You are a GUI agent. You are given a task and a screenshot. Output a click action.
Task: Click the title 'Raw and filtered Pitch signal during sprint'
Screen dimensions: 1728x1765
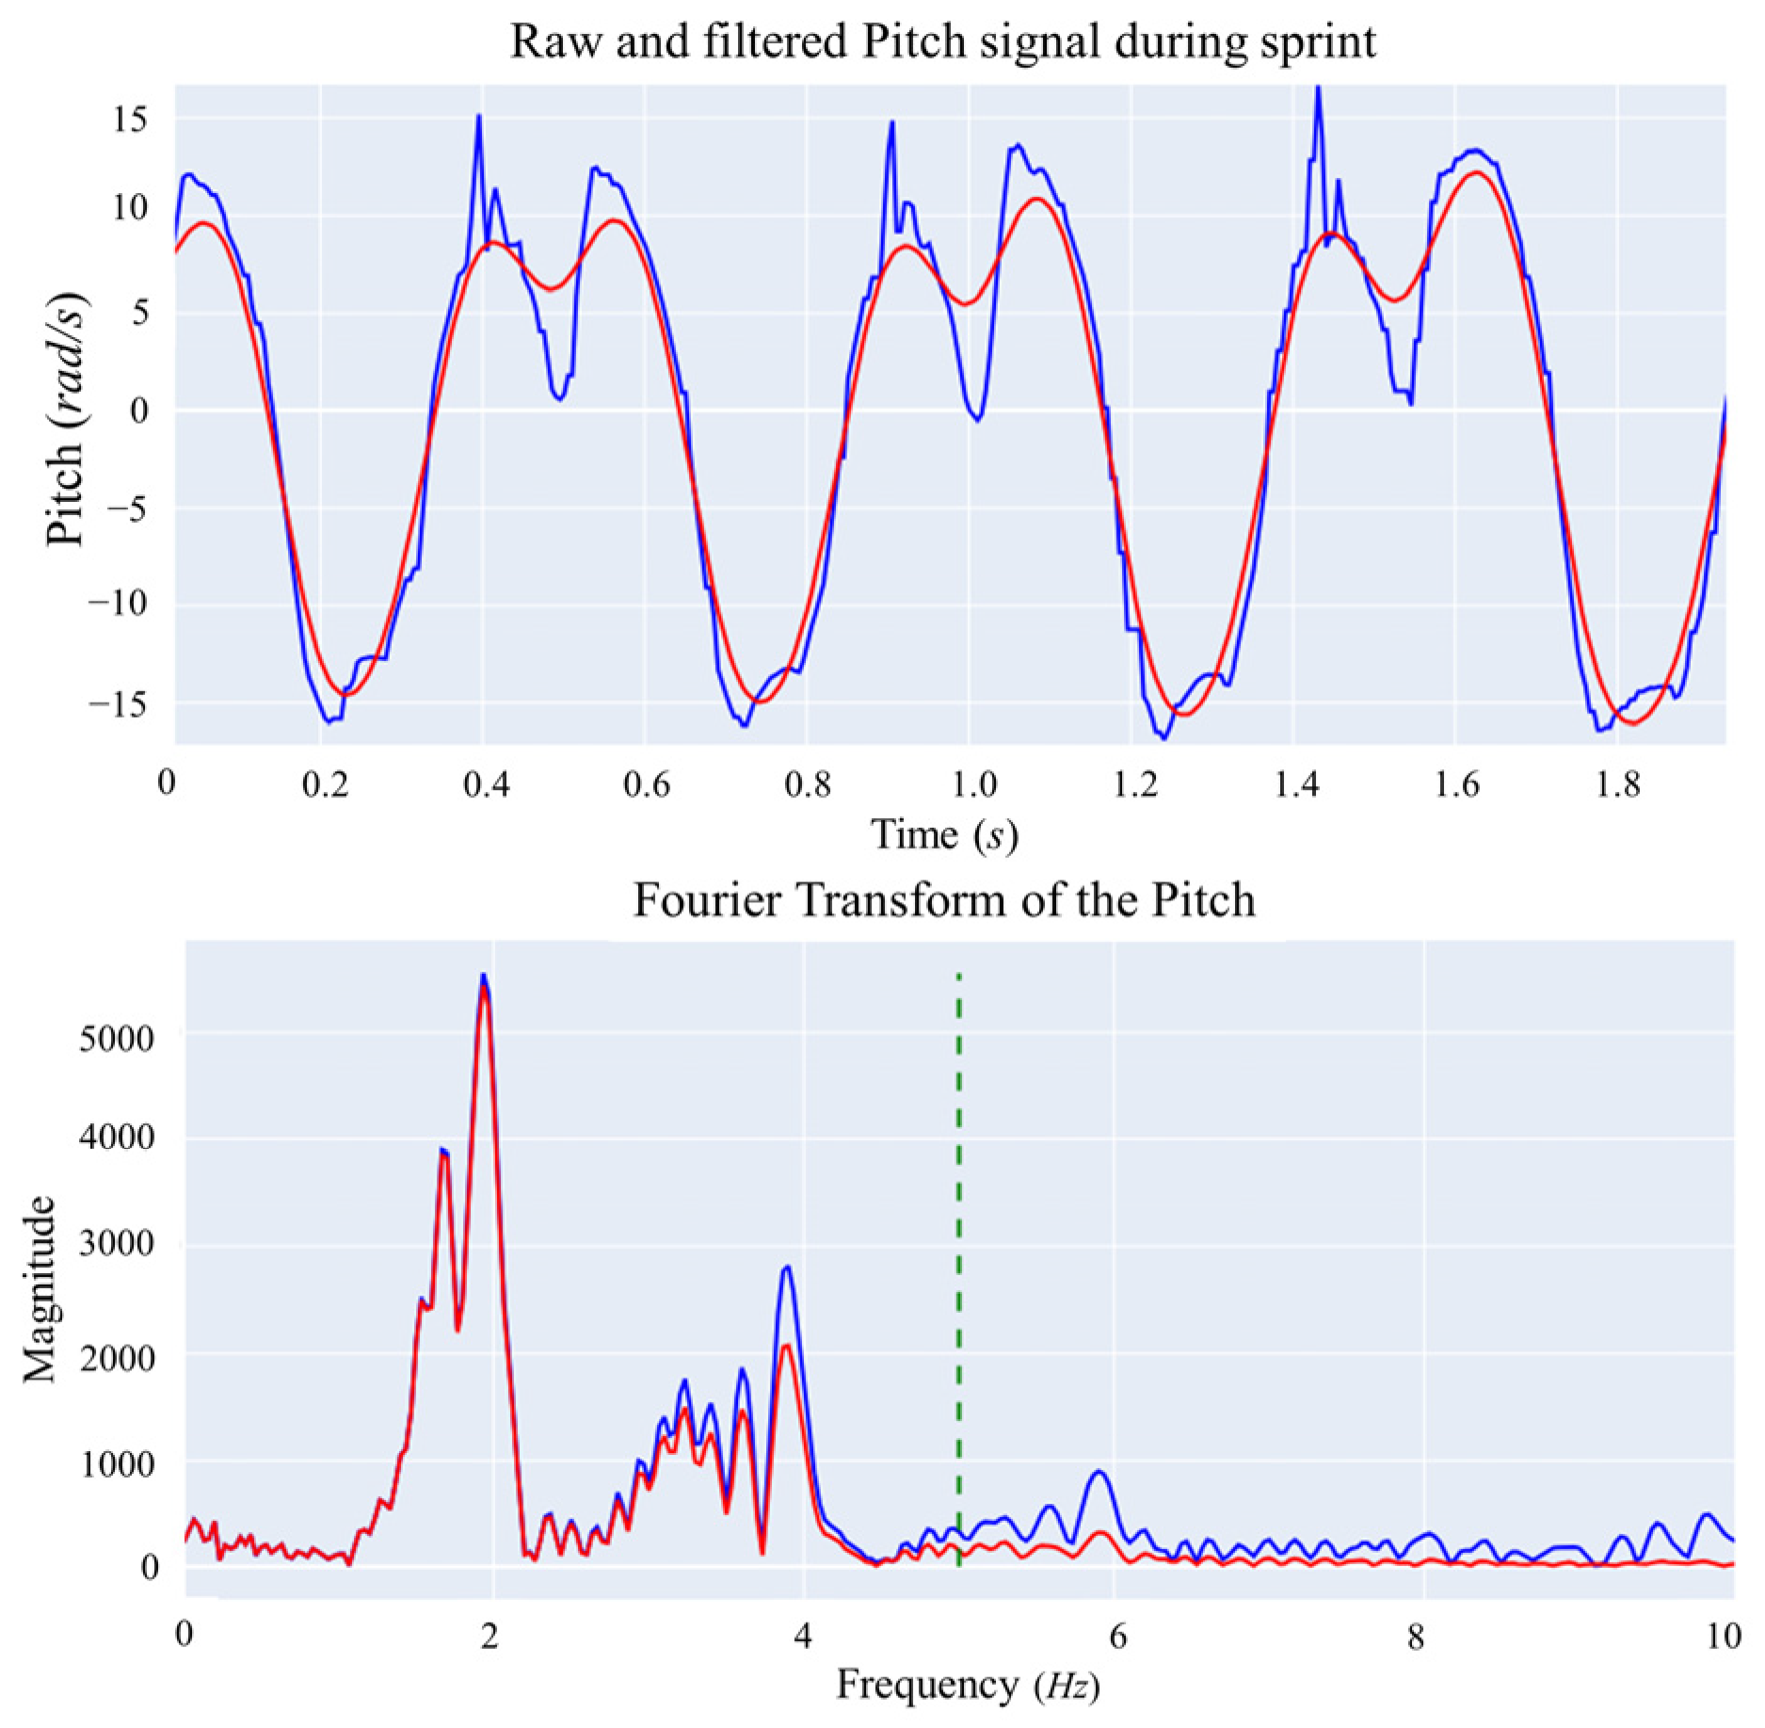pyautogui.click(x=943, y=42)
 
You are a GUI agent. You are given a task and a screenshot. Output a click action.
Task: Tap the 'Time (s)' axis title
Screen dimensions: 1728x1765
pyautogui.click(x=943, y=834)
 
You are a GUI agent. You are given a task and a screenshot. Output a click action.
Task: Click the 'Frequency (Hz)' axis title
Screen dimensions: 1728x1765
pyautogui.click(x=968, y=1684)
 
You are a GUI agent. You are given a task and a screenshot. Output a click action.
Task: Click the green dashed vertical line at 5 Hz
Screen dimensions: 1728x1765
pyautogui.click(x=958, y=1224)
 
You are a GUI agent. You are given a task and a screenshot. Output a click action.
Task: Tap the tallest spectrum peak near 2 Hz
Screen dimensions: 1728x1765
pyautogui.click(x=484, y=976)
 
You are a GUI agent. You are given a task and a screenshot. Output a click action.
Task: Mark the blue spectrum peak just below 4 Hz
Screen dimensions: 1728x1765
pyautogui.click(x=787, y=1268)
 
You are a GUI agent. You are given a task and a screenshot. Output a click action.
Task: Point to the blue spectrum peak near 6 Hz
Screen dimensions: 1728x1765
pyautogui.click(x=1098, y=1471)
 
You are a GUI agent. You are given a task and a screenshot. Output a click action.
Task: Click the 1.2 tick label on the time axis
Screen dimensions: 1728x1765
pyautogui.click(x=1134, y=783)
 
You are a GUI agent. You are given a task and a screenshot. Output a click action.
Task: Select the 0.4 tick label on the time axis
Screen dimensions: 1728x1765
pyautogui.click(x=487, y=783)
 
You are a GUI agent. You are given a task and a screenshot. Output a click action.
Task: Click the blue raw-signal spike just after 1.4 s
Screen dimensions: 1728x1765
pyautogui.click(x=1318, y=89)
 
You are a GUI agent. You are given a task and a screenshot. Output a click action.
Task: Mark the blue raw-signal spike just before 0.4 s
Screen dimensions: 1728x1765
pyautogui.click(x=479, y=117)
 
